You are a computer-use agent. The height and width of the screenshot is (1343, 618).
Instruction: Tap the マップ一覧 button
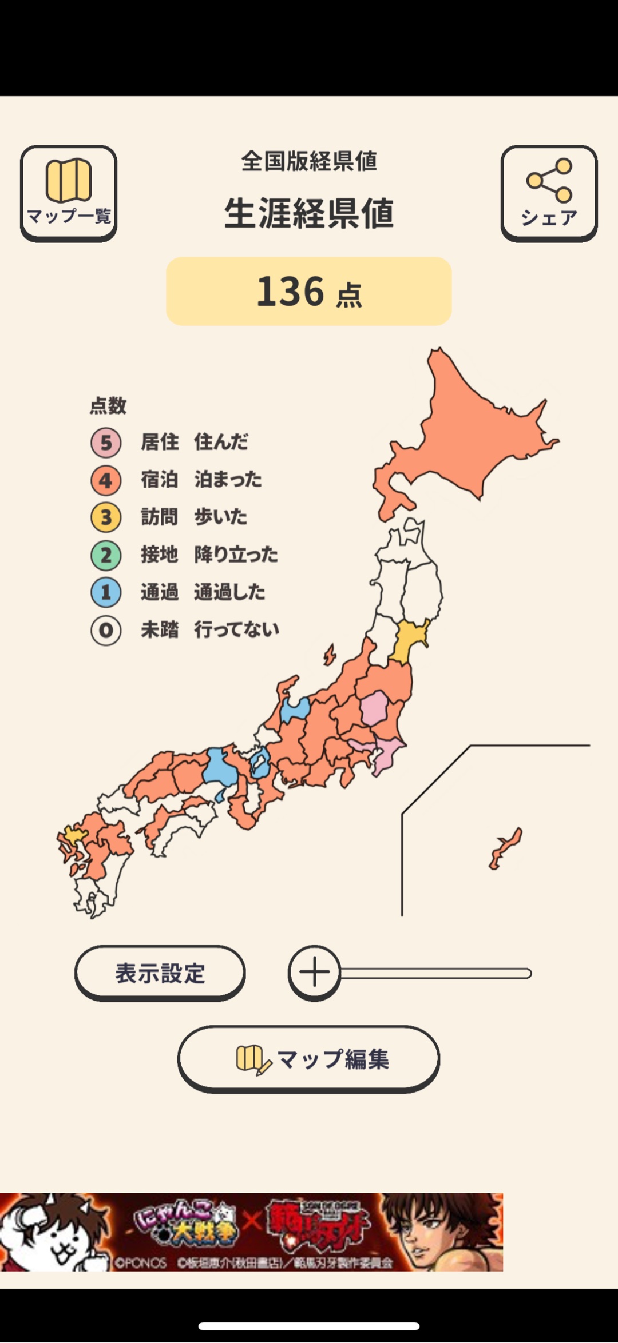(69, 193)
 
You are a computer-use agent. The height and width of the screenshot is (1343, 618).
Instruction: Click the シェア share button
(549, 193)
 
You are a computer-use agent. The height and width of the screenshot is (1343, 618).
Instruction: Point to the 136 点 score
(309, 292)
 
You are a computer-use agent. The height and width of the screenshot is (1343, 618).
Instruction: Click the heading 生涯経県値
(309, 213)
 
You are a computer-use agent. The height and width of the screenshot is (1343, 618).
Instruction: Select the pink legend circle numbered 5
(106, 443)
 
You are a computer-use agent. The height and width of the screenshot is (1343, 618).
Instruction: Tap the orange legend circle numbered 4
(106, 480)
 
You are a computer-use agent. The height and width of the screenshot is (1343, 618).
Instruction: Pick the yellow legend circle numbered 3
(106, 517)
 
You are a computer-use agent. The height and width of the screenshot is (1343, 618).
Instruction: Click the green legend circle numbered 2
(106, 555)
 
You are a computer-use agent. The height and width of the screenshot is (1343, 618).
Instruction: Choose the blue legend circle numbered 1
(106, 592)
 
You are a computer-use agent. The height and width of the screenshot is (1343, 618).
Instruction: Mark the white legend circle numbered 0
(106, 630)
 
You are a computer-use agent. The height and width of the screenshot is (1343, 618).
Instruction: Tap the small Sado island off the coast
(330, 655)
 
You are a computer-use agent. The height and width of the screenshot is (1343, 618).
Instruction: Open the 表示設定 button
(160, 973)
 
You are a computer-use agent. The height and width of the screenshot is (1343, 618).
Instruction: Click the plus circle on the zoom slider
(314, 972)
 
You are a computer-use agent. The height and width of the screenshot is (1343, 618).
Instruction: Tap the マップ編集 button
(309, 1059)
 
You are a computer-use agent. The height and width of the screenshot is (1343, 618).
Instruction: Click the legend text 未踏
(160, 630)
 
